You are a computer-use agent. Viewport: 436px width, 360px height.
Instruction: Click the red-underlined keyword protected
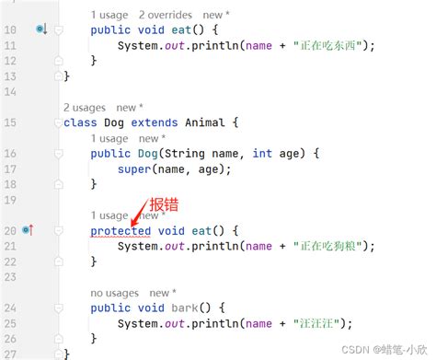(120, 229)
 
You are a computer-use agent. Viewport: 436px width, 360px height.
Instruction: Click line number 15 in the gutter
(10, 122)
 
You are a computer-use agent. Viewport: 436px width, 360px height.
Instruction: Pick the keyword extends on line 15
(158, 122)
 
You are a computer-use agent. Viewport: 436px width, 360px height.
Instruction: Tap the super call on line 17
(135, 168)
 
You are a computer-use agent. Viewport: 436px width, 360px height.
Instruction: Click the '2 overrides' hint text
(166, 15)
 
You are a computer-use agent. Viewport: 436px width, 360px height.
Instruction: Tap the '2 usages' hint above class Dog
(84, 108)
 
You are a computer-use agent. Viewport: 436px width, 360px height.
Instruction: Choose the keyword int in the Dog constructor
(262, 153)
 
